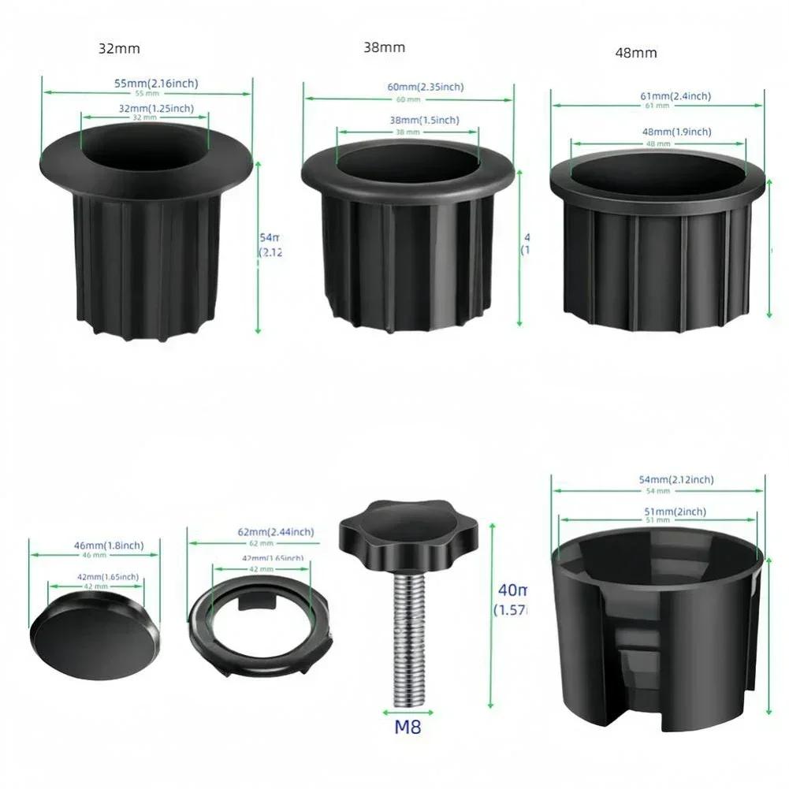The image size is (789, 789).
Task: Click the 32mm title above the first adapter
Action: coord(119,48)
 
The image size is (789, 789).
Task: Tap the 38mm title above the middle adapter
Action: coord(384,47)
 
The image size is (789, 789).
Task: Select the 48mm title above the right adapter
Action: coord(635,53)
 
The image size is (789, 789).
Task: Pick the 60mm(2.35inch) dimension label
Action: coord(425,87)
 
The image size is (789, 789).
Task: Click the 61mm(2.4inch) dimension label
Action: coord(675,96)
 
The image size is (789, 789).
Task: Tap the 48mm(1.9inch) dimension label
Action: coord(675,132)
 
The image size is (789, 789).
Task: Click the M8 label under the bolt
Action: coord(408,726)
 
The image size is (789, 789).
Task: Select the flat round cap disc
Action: coord(95,639)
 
